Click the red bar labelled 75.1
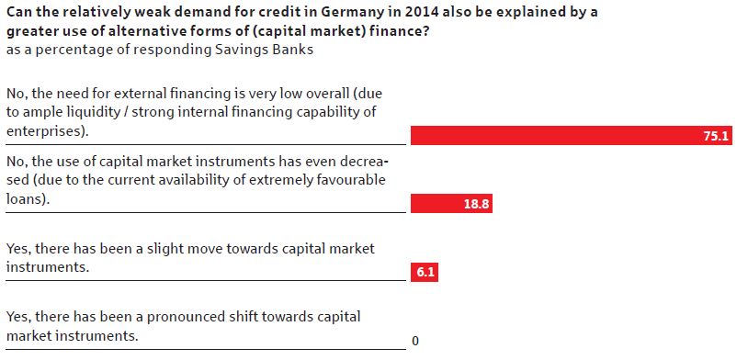(x=571, y=135)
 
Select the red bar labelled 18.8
(x=451, y=204)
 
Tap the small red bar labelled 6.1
(x=425, y=274)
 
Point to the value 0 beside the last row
(x=415, y=342)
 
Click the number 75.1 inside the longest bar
(x=716, y=136)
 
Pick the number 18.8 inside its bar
(x=476, y=205)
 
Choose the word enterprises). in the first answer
(x=48, y=131)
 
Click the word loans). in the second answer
(x=28, y=199)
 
